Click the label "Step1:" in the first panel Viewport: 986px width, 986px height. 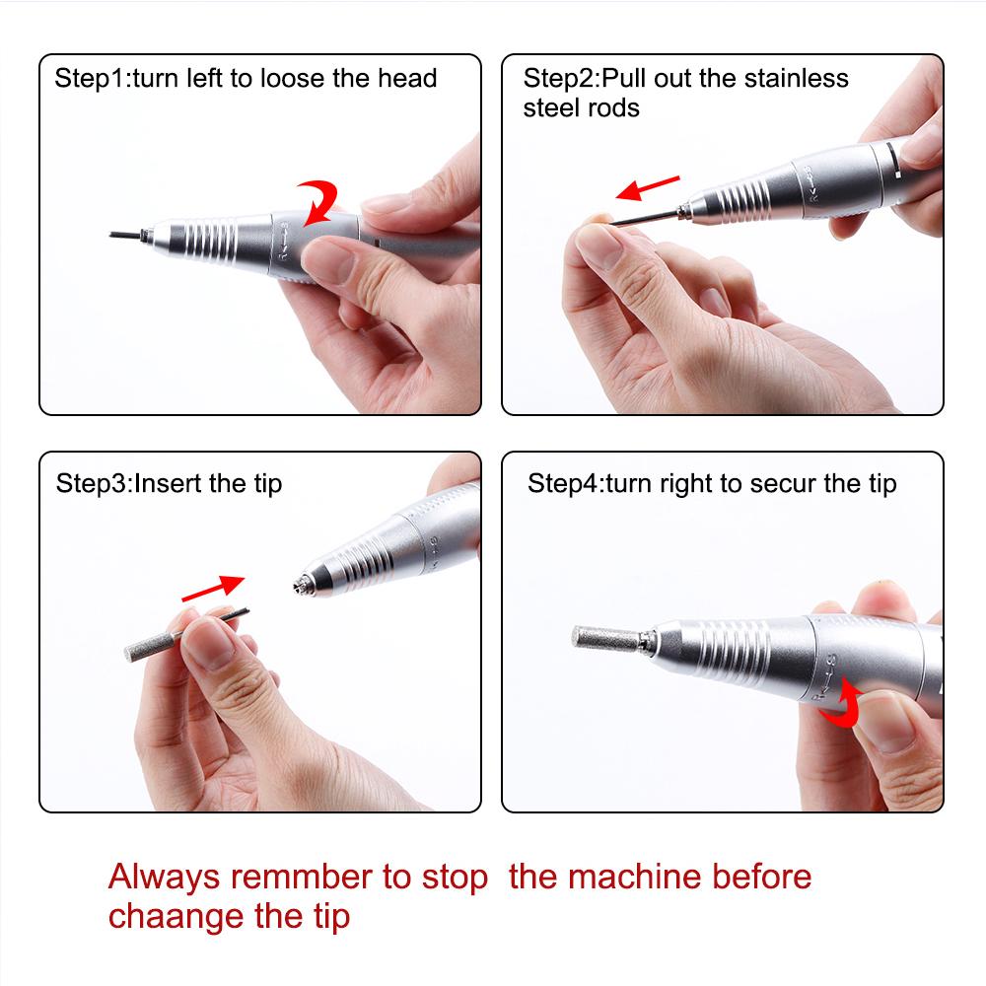(x=89, y=79)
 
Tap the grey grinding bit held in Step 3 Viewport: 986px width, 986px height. (x=149, y=643)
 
